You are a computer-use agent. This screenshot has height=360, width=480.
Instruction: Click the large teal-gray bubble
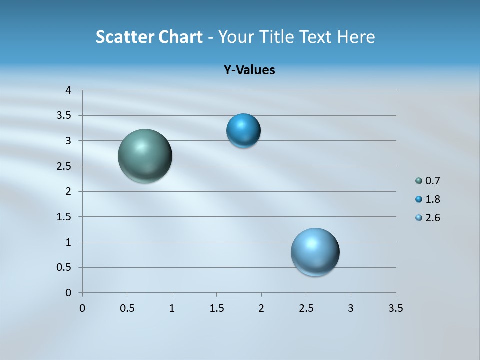coord(145,156)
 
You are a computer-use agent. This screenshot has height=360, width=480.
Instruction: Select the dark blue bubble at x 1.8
coord(243,131)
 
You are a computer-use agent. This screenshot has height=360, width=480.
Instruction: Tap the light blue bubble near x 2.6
coord(315,252)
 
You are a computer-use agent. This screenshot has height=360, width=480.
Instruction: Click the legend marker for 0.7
coord(419,181)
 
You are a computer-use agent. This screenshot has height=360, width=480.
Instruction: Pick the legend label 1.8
coord(432,199)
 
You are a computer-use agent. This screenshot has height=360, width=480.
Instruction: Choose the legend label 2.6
coord(432,218)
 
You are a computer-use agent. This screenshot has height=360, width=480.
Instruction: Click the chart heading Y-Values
coord(249,70)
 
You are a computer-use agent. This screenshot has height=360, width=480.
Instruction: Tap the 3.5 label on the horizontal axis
coord(395,308)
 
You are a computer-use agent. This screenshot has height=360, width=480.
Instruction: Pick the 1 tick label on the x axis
coord(172,308)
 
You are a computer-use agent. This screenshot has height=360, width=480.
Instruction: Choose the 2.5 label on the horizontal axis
coord(306,308)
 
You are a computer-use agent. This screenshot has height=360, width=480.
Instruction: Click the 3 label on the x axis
coord(351,308)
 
